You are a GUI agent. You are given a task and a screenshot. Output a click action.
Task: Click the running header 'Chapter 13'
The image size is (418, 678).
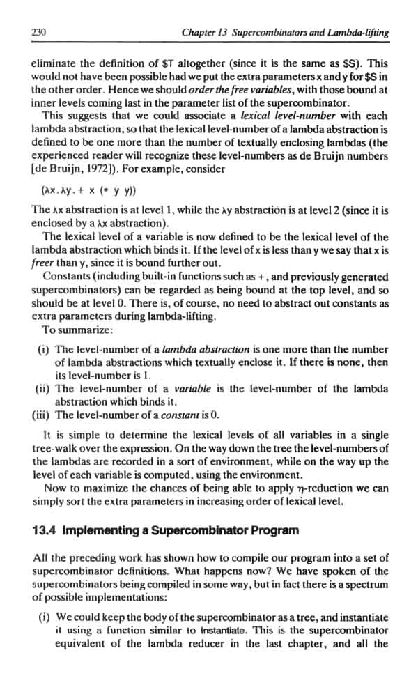point(203,32)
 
